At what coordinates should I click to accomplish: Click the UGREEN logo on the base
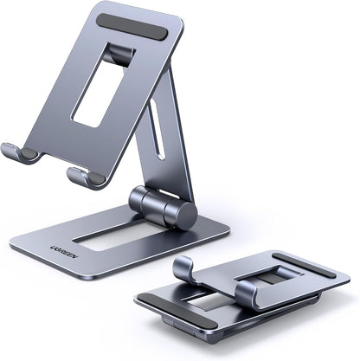(x=42, y=236)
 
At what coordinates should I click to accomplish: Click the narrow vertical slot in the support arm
(x=155, y=126)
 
